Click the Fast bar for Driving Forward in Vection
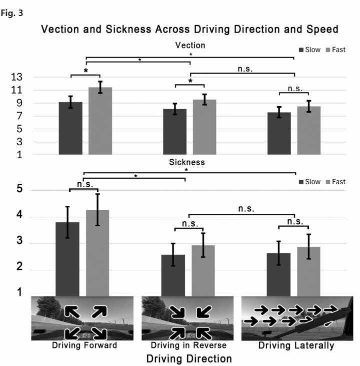(100, 121)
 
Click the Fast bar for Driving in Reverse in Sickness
(203, 270)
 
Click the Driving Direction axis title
(189, 358)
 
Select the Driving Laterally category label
(296, 345)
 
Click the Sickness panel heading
(186, 162)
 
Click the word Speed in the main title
(319, 30)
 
